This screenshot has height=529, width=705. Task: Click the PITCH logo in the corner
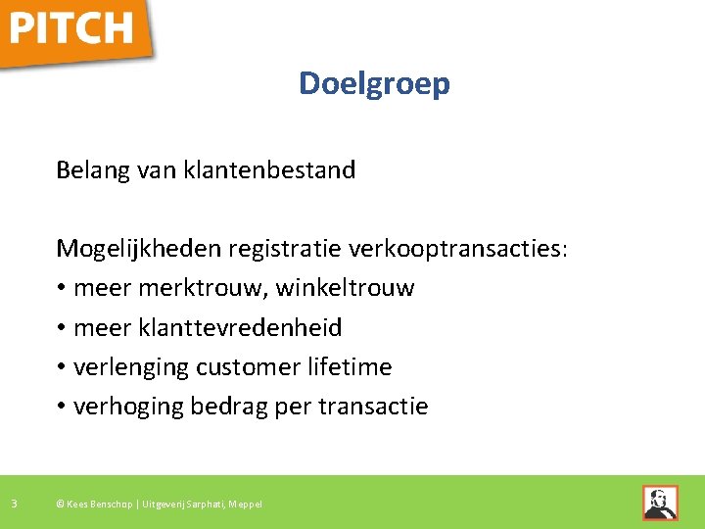click(x=73, y=29)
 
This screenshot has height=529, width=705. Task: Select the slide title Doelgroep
click(x=374, y=84)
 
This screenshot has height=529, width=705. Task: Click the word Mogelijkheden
click(x=138, y=249)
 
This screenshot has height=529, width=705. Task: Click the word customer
click(x=249, y=367)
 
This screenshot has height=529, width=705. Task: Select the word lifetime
click(x=350, y=367)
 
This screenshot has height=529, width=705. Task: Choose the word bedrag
click(x=232, y=407)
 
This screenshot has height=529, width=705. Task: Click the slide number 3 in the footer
click(x=14, y=504)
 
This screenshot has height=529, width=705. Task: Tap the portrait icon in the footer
click(x=659, y=503)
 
